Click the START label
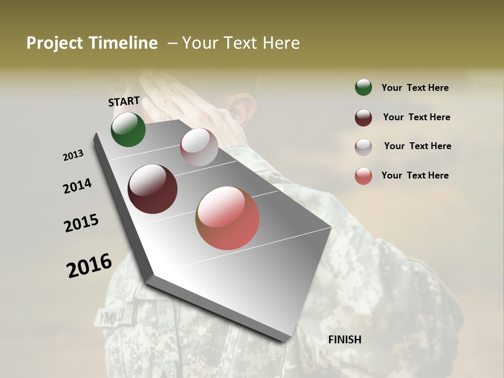point(124,101)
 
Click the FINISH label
point(344,340)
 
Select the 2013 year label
point(73,155)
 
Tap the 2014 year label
point(77,186)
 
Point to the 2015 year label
point(81,223)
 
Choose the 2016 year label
point(89,266)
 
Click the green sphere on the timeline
point(128,130)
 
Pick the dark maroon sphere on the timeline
point(152,189)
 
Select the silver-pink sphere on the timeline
point(199,147)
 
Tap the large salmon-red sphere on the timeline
point(227,218)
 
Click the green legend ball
point(363,88)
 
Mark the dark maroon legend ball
point(363,118)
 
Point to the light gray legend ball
point(363,147)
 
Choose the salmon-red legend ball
point(363,176)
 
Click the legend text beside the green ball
point(415,88)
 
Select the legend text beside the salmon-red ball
point(415,175)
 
